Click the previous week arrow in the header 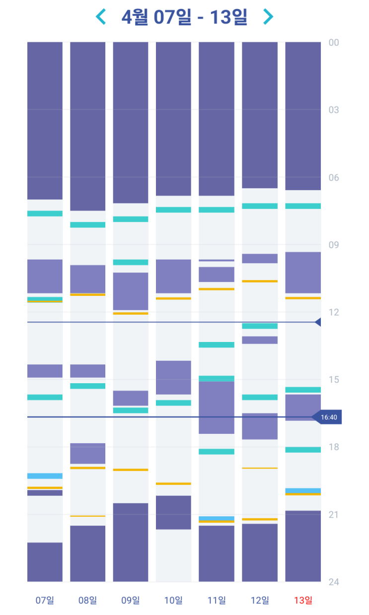101,17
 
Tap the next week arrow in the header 268,17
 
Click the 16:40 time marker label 328,417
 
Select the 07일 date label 45,601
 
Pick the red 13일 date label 303,601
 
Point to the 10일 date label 173,601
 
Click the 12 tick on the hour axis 334,312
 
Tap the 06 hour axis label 334,177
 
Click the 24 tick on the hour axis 334,582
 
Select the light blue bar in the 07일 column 45,476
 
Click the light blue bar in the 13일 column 303,490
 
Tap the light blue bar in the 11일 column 217,518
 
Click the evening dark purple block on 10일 173,512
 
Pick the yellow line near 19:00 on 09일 131,470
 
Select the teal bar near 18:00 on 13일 303,450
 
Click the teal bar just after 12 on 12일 260,326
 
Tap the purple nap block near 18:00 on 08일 87,453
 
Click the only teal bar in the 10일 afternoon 173,403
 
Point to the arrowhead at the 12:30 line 318,322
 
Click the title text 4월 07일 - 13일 184,17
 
